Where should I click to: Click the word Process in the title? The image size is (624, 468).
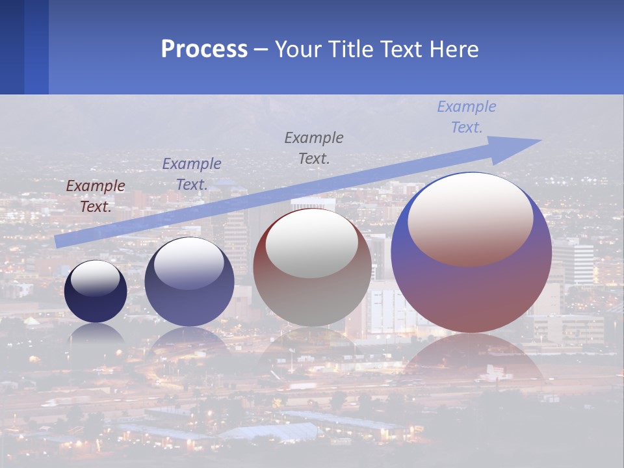click(x=204, y=49)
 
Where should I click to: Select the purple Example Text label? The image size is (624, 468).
click(x=192, y=174)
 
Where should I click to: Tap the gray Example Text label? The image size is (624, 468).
click(x=314, y=148)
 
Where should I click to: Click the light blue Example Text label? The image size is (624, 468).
click(x=467, y=117)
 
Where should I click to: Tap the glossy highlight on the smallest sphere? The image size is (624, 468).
click(x=95, y=278)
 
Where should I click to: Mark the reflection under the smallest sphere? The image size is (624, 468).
click(x=96, y=335)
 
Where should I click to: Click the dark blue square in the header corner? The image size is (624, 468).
click(x=12, y=47)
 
